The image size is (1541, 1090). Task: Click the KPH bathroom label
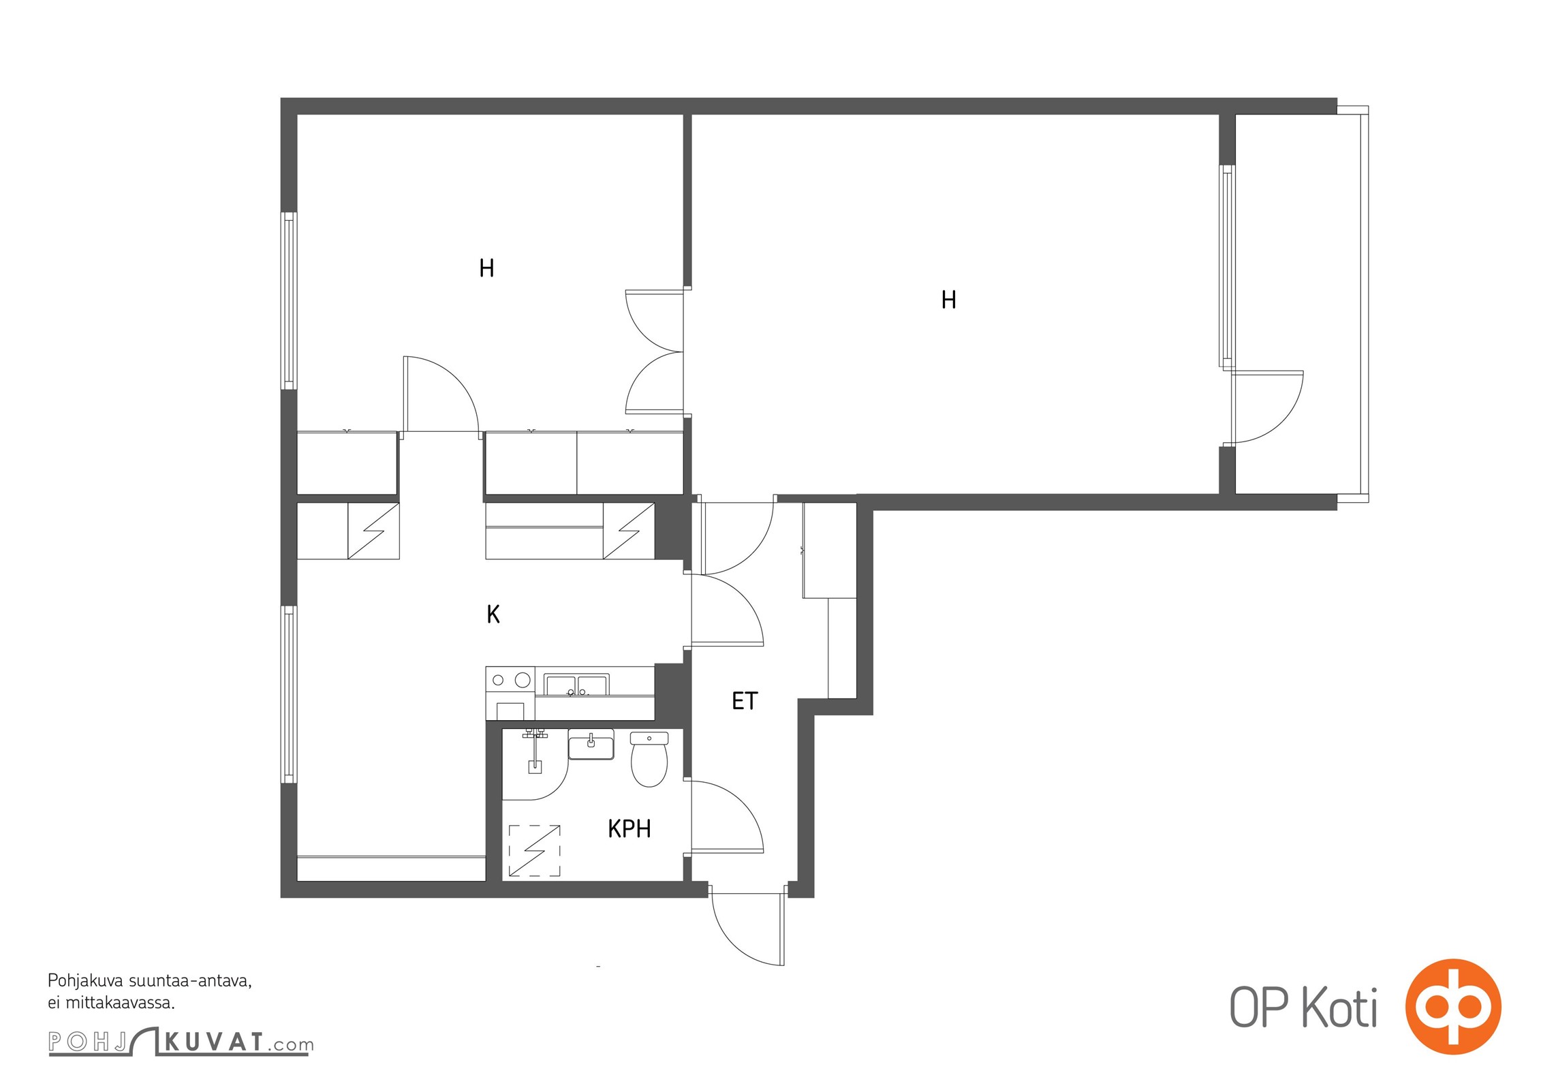click(x=629, y=828)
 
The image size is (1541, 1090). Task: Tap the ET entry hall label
click(x=744, y=701)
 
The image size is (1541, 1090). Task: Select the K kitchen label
click(x=493, y=614)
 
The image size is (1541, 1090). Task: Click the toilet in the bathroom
click(x=649, y=759)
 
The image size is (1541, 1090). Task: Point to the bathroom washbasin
click(x=591, y=744)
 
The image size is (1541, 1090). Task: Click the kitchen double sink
click(x=576, y=685)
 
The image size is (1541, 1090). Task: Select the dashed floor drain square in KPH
click(x=535, y=850)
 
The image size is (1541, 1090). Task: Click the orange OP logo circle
click(x=1453, y=1007)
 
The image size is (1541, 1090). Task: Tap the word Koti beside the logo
click(x=1340, y=1008)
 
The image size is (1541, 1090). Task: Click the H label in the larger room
click(x=948, y=300)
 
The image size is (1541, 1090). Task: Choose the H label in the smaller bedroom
click(x=486, y=268)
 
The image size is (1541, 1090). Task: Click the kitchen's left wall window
click(x=290, y=694)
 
